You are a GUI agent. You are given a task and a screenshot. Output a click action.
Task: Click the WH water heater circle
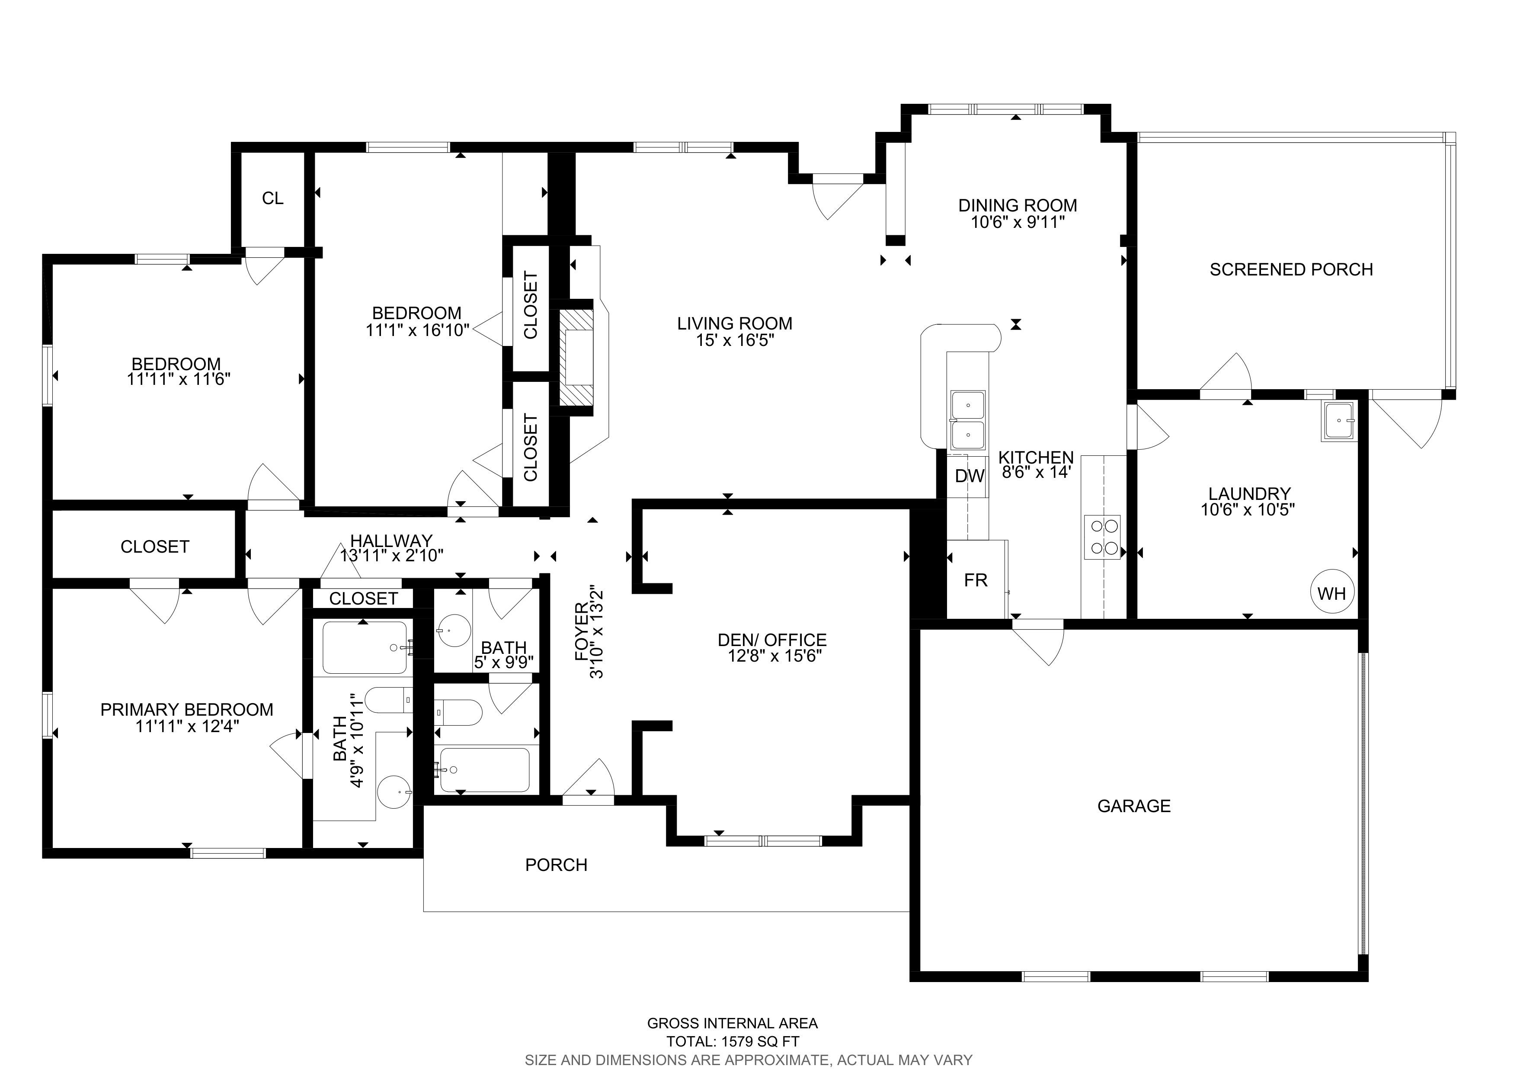click(x=1331, y=592)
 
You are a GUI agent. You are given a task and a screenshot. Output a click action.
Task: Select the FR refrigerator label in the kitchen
click(x=976, y=580)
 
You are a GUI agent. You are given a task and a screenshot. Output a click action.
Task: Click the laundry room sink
click(x=1338, y=421)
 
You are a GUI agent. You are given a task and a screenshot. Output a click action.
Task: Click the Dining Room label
click(x=1018, y=205)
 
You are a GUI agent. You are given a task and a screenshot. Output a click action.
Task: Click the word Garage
click(x=1134, y=806)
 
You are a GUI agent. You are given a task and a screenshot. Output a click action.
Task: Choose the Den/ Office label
click(x=772, y=640)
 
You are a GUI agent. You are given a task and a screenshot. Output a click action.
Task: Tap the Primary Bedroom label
click(x=186, y=709)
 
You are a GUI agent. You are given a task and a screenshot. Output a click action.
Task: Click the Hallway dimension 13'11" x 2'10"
click(x=391, y=556)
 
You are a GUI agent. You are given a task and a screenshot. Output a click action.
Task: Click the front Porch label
click(x=556, y=864)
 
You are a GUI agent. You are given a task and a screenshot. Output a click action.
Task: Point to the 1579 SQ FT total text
click(x=757, y=1042)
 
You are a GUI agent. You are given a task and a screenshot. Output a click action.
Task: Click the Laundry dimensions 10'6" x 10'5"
click(x=1248, y=509)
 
